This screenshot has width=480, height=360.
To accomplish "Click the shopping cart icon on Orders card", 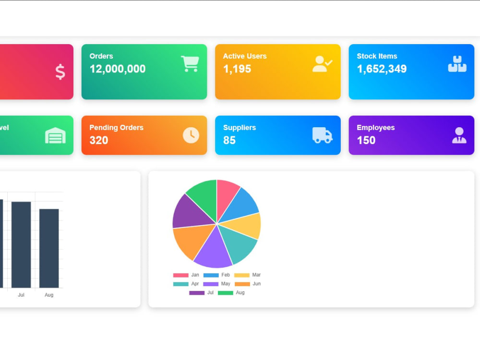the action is [190, 64].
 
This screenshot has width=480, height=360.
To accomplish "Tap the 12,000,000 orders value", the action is [118, 69].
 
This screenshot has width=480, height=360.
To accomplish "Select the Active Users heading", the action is [245, 56].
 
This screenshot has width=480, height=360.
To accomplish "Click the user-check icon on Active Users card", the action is [322, 64].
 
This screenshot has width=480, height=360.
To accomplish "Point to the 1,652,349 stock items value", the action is [382, 69].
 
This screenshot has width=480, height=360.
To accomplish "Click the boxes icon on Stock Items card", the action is [457, 64].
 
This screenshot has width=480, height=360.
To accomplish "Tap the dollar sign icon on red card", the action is [60, 72].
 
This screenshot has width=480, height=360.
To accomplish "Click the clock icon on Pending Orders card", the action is [191, 135].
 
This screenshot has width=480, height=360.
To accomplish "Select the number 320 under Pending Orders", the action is [98, 140].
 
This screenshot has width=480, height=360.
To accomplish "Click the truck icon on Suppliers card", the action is [322, 135].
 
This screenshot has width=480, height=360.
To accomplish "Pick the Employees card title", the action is [376, 127].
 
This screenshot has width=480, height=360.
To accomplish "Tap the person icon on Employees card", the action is [459, 135].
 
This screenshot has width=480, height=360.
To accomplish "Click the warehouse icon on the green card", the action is [55, 135].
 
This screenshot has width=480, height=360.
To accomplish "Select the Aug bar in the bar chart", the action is [49, 248].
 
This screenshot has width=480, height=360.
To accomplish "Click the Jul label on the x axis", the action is [21, 295].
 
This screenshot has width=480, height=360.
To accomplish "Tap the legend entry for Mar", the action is [247, 275].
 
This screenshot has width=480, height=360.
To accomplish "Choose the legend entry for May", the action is [217, 284].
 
